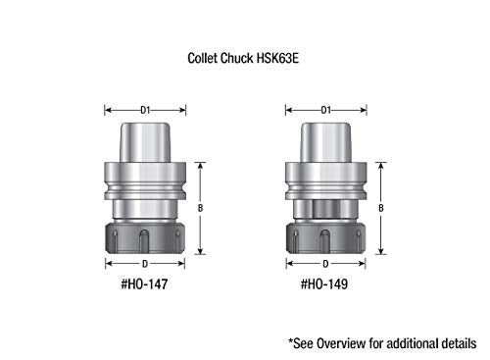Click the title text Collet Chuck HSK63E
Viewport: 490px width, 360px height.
click(x=243, y=58)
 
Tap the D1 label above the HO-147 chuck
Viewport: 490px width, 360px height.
click(x=145, y=110)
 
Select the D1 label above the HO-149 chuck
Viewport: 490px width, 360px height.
click(x=326, y=110)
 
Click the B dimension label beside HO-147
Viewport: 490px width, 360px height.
click(x=200, y=208)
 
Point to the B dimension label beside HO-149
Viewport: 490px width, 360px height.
click(x=381, y=208)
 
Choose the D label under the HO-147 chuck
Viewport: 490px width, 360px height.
click(x=145, y=264)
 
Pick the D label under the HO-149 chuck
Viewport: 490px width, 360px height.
click(x=325, y=264)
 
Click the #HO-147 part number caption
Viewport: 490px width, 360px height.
click(x=144, y=283)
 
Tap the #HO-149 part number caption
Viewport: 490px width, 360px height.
click(x=324, y=283)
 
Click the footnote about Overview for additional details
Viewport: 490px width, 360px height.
click(x=382, y=343)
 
